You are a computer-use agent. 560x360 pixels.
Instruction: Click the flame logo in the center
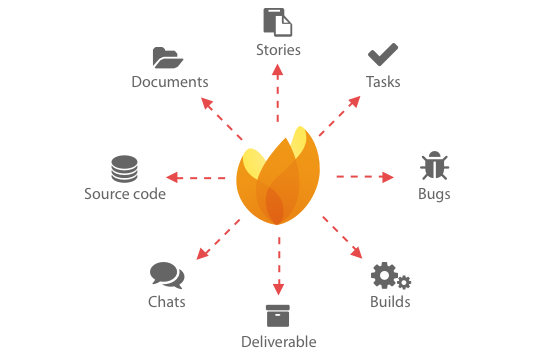[278, 179]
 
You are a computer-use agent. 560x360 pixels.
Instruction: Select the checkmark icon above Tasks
[382, 55]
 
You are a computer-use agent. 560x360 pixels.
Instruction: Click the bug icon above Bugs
[434, 166]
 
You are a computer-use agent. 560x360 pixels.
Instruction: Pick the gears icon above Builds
[389, 276]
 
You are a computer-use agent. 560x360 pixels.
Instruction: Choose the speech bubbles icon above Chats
[167, 275]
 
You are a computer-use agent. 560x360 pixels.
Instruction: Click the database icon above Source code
[124, 168]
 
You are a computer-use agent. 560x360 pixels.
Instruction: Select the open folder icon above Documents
[168, 57]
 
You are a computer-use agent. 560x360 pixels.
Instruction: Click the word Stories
[278, 49]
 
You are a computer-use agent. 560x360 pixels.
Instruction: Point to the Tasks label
[383, 81]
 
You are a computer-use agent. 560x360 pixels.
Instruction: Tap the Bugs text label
[434, 194]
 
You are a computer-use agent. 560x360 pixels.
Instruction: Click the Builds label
[390, 302]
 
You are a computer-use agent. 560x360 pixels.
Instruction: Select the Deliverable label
[279, 342]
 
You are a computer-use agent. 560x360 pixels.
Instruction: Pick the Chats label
[167, 302]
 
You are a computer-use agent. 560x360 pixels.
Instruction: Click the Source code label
[125, 194]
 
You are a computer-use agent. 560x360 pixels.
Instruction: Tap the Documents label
[170, 82]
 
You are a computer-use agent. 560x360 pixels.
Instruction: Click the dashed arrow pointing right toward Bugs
[364, 177]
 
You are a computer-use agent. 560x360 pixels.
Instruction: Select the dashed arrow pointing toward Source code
[196, 179]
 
